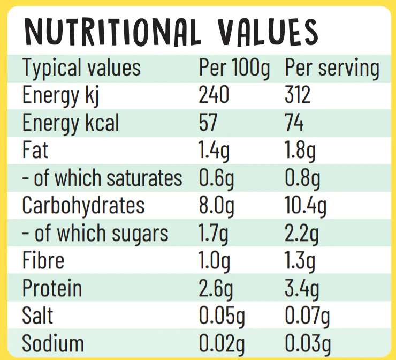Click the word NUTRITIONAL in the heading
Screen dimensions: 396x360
pyautogui.click(x=112, y=33)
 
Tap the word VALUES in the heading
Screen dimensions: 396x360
pyautogui.click(x=268, y=32)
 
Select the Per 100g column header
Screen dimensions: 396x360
pyautogui.click(x=234, y=68)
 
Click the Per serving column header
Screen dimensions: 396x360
pyautogui.click(x=332, y=68)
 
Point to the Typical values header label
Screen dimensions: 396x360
pyautogui.click(x=81, y=68)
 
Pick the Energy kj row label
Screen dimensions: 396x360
pyautogui.click(x=60, y=96)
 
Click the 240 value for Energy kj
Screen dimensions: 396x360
pyautogui.click(x=214, y=94)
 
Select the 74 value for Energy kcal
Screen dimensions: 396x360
pyautogui.click(x=294, y=122)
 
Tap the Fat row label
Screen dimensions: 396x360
pyautogui.click(x=35, y=149)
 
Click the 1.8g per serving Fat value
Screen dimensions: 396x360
pyautogui.click(x=300, y=151)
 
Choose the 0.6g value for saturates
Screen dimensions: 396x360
pyautogui.click(x=216, y=179)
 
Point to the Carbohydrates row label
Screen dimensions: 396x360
pyautogui.click(x=83, y=205)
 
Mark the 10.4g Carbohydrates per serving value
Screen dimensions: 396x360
pyautogui.click(x=306, y=206)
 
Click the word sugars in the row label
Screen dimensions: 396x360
pyautogui.click(x=140, y=234)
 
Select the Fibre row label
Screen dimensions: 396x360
pyautogui.click(x=43, y=260)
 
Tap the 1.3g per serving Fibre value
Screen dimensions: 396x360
pyautogui.click(x=300, y=261)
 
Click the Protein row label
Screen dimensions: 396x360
pyautogui.click(x=52, y=288)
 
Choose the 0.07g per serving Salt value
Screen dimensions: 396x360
pyautogui.click(x=307, y=317)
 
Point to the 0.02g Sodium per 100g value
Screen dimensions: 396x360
pyautogui.click(x=222, y=344)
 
